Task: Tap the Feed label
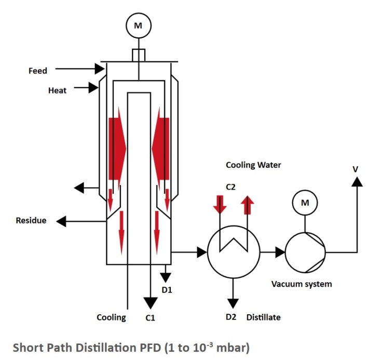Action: (x=38, y=71)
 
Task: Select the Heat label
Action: (x=57, y=90)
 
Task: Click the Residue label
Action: (x=31, y=220)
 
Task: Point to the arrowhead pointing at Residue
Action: (x=61, y=221)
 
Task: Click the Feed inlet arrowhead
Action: (x=100, y=69)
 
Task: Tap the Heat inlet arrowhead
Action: (x=93, y=88)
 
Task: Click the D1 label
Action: (x=167, y=290)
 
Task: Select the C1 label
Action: (x=150, y=318)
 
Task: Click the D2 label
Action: (x=231, y=317)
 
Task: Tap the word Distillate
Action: (x=263, y=317)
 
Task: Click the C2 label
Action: (x=230, y=187)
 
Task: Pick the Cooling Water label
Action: (x=253, y=165)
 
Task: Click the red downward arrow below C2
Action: (x=220, y=204)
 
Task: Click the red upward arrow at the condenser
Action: (x=248, y=205)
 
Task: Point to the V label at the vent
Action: (x=356, y=169)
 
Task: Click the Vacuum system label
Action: (x=302, y=284)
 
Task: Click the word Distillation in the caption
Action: (x=107, y=348)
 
